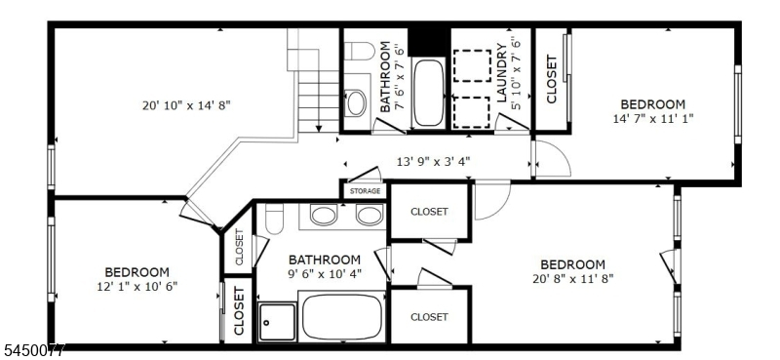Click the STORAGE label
coord(365,191)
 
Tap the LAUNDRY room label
coord(502,73)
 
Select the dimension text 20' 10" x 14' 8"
coord(186,105)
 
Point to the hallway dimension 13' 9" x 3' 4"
coord(433,161)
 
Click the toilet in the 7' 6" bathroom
coord(359,52)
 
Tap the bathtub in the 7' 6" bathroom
coord(428,93)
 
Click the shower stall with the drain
coord(277,322)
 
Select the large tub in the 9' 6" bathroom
coord(341,318)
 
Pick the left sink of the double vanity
coord(323,214)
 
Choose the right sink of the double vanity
coord(370,214)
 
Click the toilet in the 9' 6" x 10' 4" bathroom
coord(274,219)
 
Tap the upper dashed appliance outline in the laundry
coord(472,65)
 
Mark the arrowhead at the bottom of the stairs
coord(319,129)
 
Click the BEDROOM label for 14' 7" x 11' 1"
coord(652,104)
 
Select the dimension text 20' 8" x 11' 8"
coord(573,278)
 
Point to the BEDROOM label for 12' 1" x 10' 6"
coord(136,272)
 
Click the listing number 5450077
coord(32,351)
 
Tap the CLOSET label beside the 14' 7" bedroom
coord(552,79)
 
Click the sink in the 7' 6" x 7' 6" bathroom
coord(356,103)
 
